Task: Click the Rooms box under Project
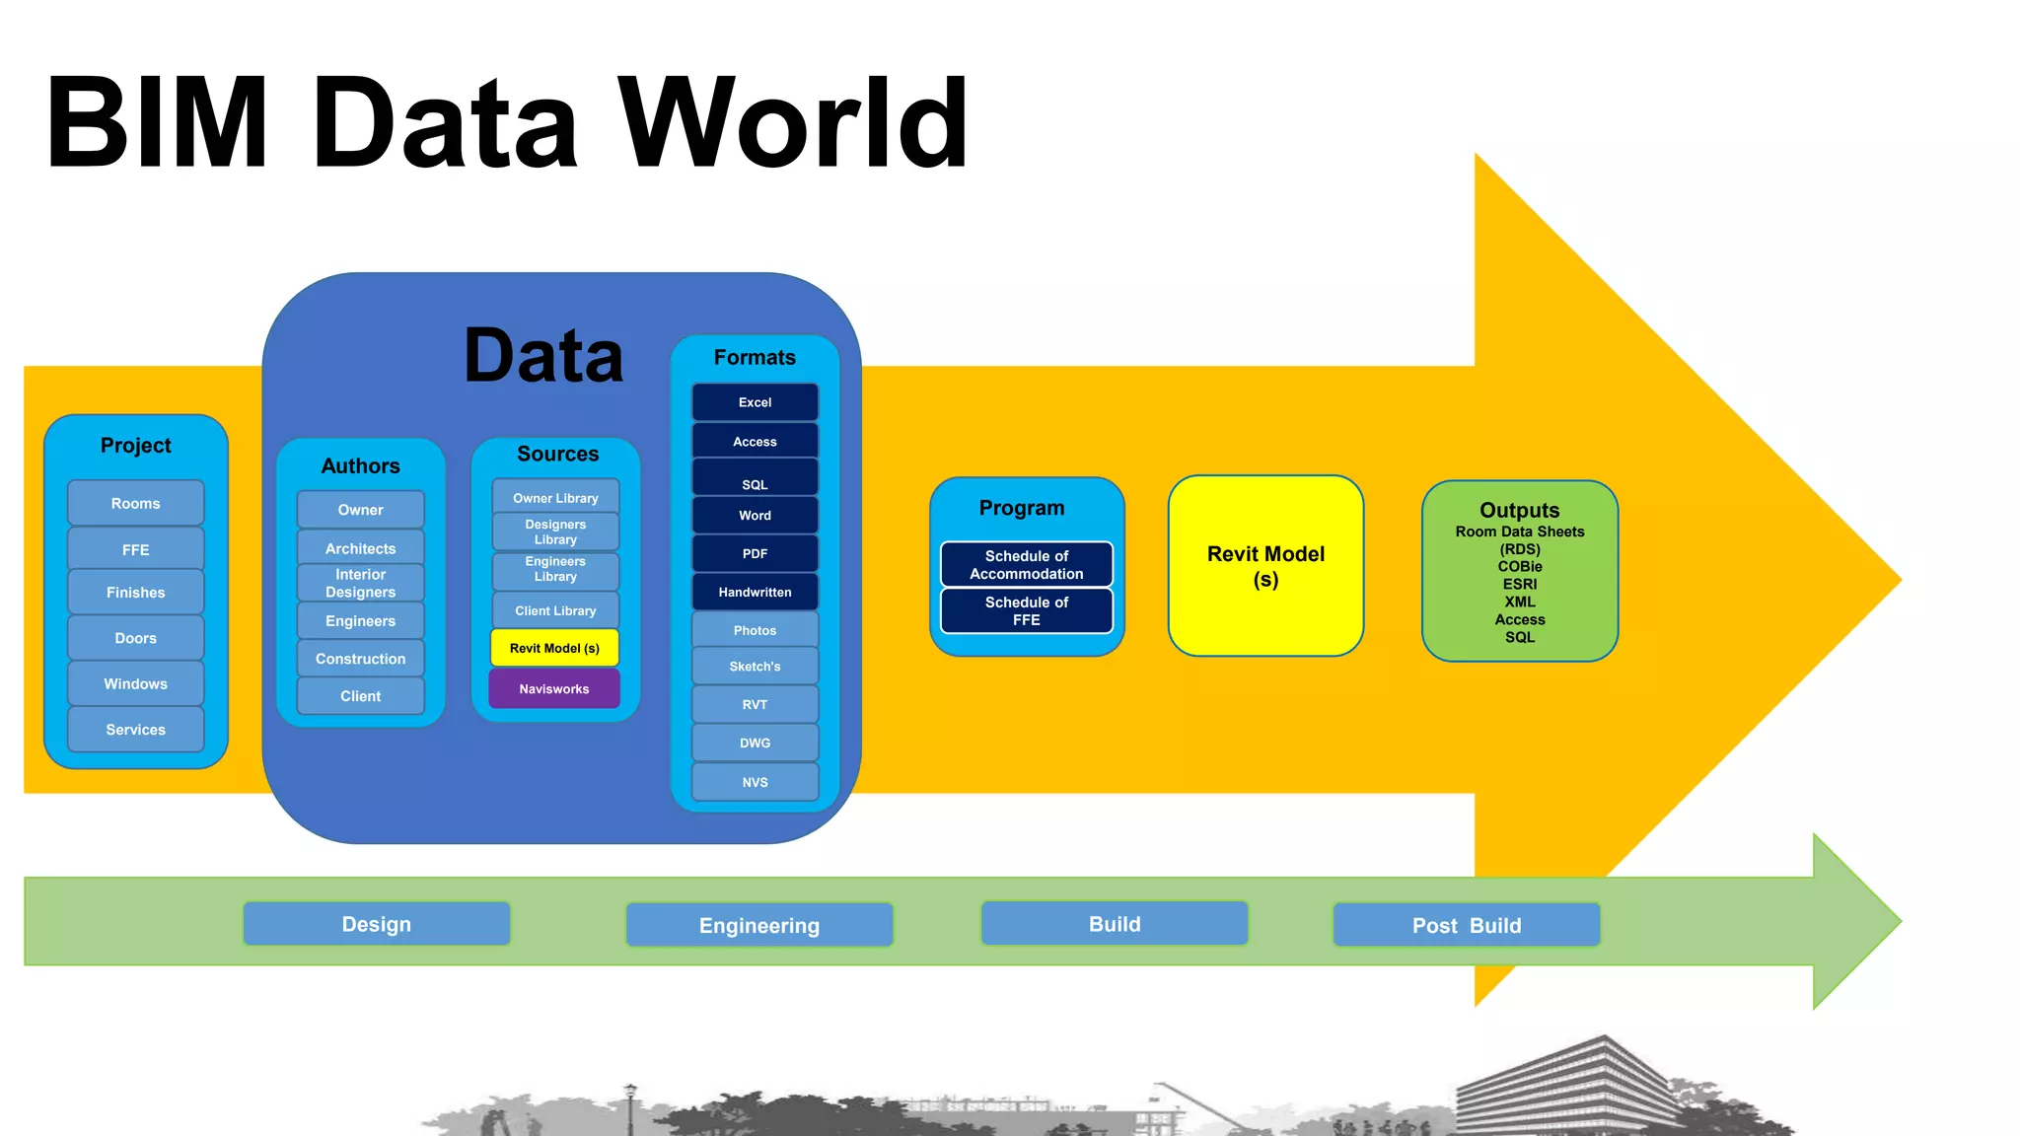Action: point(135,503)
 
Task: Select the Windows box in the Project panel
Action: point(135,683)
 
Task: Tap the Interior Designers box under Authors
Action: point(360,583)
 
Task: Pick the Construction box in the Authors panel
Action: point(360,659)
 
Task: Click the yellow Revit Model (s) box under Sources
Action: point(554,648)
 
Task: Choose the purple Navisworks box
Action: point(554,688)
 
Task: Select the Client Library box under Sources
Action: point(555,610)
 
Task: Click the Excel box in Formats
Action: point(755,402)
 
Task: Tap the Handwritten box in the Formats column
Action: point(755,592)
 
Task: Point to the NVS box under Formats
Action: point(755,782)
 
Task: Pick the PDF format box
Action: point(755,553)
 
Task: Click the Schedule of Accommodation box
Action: point(1026,564)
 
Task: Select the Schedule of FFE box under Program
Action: point(1026,610)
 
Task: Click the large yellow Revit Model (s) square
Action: point(1265,566)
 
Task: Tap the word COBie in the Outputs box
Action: point(1519,566)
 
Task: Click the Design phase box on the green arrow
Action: point(377,924)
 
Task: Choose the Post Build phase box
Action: point(1466,925)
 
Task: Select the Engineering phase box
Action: point(758,925)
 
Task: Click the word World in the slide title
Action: point(793,123)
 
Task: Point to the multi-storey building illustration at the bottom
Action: point(1578,1090)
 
